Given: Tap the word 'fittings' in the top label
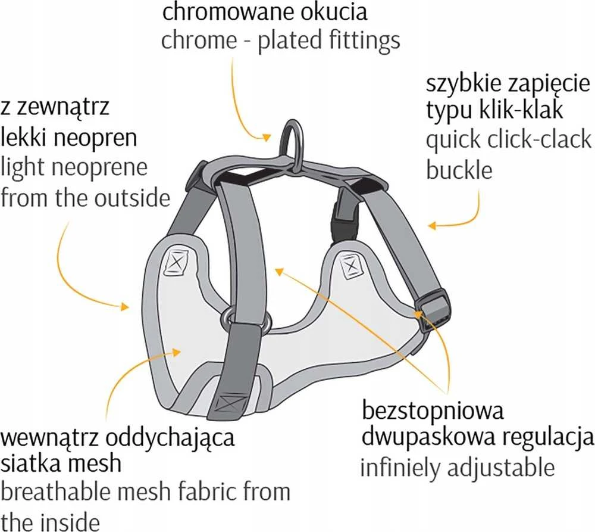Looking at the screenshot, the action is (x=364, y=41).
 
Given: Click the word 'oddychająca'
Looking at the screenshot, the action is (x=170, y=440).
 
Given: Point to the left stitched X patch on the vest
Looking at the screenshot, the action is (x=176, y=262).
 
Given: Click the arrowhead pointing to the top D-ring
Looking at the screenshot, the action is (x=267, y=137).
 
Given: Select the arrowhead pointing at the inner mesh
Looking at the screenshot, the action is (x=176, y=352).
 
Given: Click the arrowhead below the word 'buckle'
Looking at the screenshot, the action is (x=433, y=226).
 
